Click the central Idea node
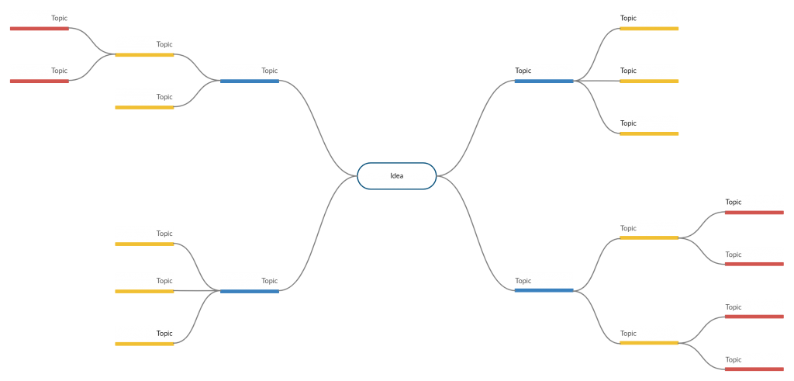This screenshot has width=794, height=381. click(396, 176)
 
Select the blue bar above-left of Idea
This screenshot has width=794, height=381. click(250, 81)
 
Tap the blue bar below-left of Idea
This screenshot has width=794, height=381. click(250, 291)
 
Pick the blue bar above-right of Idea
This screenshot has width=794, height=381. click(544, 81)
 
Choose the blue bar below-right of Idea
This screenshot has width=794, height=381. click(544, 290)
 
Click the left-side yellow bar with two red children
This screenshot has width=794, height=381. click(144, 55)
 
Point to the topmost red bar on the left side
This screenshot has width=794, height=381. click(40, 29)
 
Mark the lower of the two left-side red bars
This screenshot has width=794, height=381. click(40, 81)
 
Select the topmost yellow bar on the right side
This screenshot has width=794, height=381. click(649, 29)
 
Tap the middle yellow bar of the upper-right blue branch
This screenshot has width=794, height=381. click(649, 81)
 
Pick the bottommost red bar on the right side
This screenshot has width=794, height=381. click(754, 369)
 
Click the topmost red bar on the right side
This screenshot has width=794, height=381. click(754, 213)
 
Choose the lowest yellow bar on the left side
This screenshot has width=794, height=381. click(144, 344)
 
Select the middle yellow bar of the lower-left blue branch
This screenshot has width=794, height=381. click(144, 291)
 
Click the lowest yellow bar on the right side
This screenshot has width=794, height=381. click(649, 343)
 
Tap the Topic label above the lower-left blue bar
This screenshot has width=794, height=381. click(269, 281)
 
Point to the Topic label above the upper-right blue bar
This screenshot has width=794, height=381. click(523, 71)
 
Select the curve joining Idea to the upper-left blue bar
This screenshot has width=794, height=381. click(318, 128)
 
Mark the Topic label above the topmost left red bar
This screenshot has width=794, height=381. click(59, 18)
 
